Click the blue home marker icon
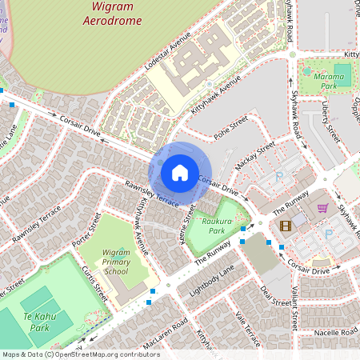[x=180, y=172]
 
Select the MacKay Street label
[x=255, y=152]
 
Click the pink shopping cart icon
[x=322, y=208]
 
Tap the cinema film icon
[x=286, y=225]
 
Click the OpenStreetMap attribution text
[x=80, y=354]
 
